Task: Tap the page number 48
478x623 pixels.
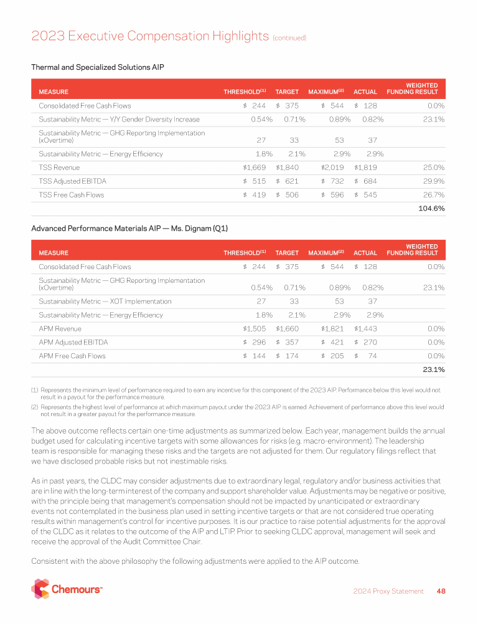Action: pos(441,591)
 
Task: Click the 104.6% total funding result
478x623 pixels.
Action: pos(430,209)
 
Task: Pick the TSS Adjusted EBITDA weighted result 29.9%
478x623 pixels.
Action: pos(433,181)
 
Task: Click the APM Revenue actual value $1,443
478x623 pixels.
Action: pos(365,329)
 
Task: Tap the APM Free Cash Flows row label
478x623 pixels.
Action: pos(72,356)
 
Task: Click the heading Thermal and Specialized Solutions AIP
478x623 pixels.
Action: pos(97,67)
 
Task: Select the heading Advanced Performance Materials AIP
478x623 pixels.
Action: pos(129,229)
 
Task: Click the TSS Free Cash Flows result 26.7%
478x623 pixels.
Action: pos(433,195)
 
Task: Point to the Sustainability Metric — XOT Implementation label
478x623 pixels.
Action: pos(105,302)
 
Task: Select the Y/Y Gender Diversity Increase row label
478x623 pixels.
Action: pos(119,119)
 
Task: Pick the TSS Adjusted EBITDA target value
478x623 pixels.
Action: pos(287,181)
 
